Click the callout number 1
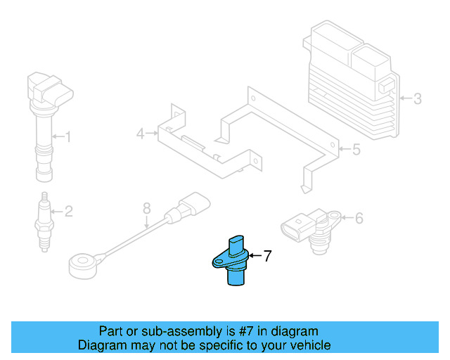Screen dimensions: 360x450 click(68, 136)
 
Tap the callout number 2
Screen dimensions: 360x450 click(68, 210)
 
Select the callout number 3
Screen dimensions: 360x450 click(417, 98)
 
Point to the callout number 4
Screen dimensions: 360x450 click(140, 133)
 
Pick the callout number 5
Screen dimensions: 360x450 click(356, 149)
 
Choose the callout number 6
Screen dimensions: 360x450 click(359, 219)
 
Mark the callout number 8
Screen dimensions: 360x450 click(146, 208)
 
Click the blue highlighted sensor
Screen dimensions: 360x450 click(234, 261)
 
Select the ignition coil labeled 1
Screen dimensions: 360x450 click(44, 127)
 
